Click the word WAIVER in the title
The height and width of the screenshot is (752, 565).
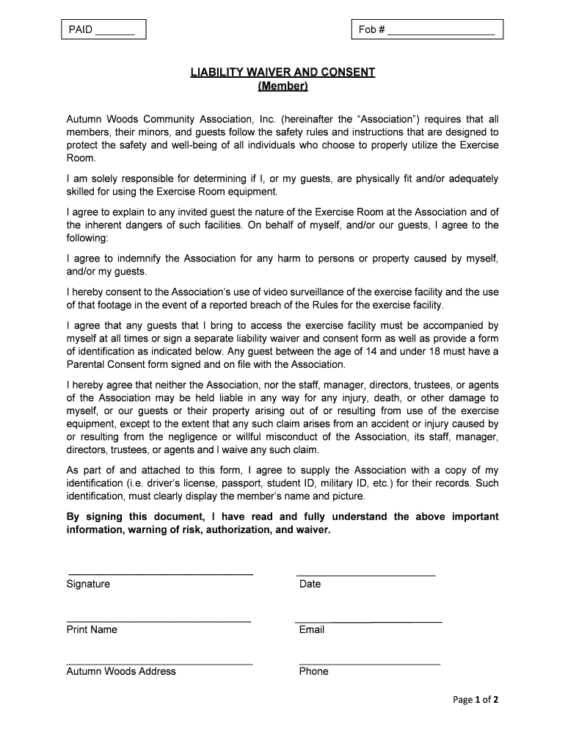click(263, 72)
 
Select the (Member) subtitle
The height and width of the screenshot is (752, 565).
click(283, 87)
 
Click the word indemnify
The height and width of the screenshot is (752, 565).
click(131, 259)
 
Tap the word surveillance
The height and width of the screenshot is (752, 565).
click(318, 292)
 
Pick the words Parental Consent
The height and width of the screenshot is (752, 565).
click(107, 364)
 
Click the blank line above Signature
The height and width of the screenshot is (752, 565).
click(160, 574)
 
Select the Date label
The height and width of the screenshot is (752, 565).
click(310, 585)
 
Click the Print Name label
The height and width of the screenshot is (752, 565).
click(92, 630)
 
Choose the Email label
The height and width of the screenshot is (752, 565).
click(311, 630)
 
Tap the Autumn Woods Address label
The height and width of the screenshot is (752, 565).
click(121, 671)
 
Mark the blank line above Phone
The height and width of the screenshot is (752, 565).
click(368, 664)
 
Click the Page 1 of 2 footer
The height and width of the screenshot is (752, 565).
click(475, 700)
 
